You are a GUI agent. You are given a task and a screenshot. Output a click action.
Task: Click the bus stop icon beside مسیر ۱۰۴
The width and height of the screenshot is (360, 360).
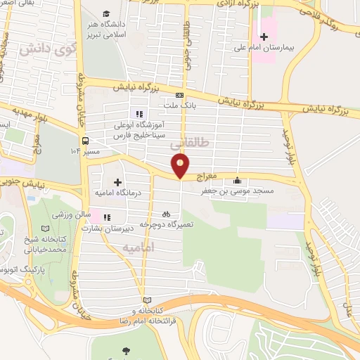pos(84,140)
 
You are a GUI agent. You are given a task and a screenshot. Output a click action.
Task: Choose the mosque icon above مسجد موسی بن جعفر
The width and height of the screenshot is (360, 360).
pos(237,179)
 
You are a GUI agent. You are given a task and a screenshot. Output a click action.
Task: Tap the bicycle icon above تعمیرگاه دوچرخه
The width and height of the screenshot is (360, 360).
pos(166,213)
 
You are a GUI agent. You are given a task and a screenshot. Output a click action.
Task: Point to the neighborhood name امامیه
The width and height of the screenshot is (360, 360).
pos(139,249)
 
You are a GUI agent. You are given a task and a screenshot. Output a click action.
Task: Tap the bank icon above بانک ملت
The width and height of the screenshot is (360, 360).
pos(180,96)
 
